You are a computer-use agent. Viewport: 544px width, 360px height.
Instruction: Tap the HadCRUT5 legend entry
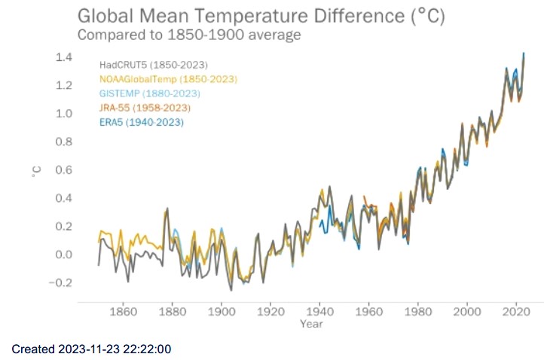click(x=153, y=65)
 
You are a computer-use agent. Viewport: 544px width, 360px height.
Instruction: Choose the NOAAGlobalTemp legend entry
click(x=168, y=79)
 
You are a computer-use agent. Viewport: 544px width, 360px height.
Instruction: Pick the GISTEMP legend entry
click(x=149, y=93)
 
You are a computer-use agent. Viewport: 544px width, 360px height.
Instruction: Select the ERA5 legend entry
click(x=141, y=122)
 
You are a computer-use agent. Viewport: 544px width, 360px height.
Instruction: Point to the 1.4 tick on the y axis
click(x=64, y=57)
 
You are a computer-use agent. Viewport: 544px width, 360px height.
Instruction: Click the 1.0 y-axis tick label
click(x=64, y=114)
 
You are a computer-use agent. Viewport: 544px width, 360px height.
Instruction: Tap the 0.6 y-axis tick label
click(x=64, y=170)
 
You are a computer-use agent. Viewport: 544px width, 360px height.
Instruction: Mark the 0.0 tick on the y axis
click(x=64, y=255)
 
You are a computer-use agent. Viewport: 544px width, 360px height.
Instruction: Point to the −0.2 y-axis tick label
click(x=60, y=282)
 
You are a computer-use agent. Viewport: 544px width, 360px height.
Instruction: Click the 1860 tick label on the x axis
click(x=123, y=311)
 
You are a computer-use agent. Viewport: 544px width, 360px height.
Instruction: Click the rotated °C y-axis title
click(x=35, y=171)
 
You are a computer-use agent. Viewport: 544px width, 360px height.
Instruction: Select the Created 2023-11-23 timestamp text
click(x=93, y=349)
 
